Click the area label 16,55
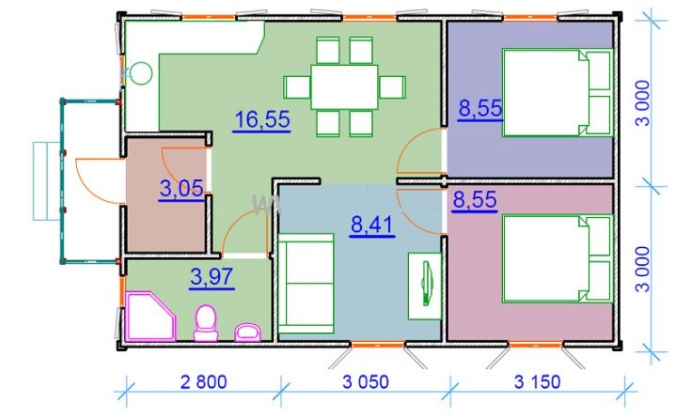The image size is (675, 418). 262,118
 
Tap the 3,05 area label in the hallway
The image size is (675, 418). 181,189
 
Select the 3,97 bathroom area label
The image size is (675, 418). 212,276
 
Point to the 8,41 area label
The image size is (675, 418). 372,224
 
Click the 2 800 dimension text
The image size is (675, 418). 203,382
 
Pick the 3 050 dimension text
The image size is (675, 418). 366,382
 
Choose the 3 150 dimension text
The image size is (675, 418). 538,382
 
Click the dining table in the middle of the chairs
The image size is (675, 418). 344,86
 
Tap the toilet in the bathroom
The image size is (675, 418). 206,323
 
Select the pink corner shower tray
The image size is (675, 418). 150,316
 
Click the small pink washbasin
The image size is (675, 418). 247,333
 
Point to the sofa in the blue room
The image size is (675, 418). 306,284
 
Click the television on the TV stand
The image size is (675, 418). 427,284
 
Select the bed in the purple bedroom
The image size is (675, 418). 557,92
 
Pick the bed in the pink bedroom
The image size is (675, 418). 557,259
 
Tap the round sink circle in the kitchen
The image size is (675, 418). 141,73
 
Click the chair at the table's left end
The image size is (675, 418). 297,87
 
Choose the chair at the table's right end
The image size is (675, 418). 392,87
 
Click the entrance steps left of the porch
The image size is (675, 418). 46,181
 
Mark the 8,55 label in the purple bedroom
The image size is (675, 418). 480,108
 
